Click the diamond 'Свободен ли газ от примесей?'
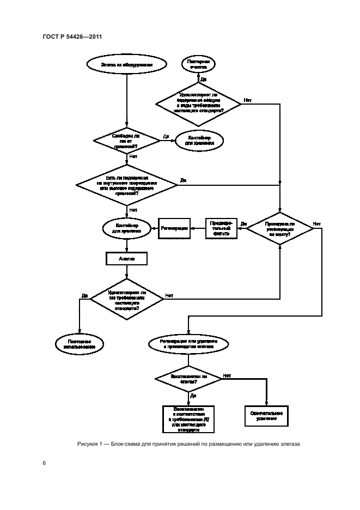126,141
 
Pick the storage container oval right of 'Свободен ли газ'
200,141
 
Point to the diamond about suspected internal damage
126,185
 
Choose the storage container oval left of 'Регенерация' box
126,227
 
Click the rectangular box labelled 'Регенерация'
174,227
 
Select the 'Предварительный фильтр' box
221,227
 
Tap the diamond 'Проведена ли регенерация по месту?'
279,228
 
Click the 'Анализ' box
126,259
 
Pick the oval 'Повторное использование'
80,343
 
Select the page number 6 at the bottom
44,463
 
